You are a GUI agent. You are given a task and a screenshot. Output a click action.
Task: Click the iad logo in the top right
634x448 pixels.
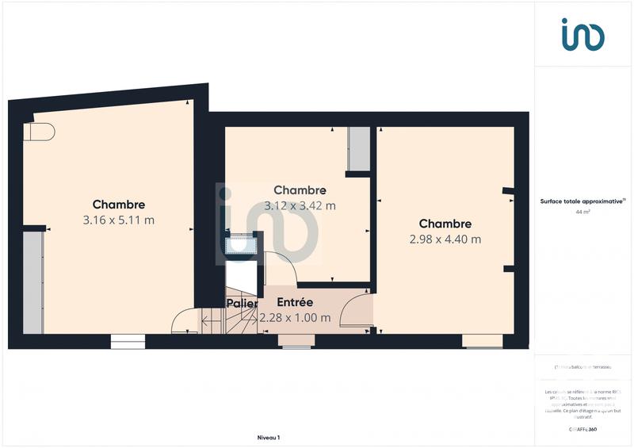[582, 35]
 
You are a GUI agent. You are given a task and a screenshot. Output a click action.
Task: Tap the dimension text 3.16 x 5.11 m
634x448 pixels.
[118, 220]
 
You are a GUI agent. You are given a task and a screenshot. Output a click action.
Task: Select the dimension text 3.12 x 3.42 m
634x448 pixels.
[300, 205]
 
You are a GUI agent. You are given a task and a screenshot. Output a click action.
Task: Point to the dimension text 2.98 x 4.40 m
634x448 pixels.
[445, 239]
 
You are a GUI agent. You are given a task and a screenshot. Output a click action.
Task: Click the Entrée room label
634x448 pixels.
[295, 302]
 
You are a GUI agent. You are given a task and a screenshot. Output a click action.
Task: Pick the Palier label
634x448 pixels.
[241, 303]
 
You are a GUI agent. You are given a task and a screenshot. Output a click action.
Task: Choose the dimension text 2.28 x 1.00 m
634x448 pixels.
[295, 318]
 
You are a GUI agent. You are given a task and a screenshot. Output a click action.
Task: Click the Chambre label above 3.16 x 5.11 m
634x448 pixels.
[118, 205]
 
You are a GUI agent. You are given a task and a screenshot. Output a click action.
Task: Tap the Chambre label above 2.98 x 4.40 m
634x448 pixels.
[445, 224]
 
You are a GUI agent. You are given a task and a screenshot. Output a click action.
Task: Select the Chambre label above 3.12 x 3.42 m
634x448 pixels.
[300, 190]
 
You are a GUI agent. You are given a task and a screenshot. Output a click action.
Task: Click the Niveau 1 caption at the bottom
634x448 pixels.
[269, 437]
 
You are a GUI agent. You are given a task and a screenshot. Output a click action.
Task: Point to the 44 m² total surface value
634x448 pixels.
[582, 213]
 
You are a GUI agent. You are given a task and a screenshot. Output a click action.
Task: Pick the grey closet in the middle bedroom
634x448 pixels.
[359, 148]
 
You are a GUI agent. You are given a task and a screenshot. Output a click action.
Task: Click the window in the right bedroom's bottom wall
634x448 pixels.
[483, 342]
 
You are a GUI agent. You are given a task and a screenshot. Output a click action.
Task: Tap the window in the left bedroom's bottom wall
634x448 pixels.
[127, 342]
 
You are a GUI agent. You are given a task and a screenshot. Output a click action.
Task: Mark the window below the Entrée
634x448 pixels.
[296, 342]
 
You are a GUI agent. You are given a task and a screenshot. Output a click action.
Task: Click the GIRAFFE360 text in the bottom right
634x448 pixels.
[582, 429]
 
